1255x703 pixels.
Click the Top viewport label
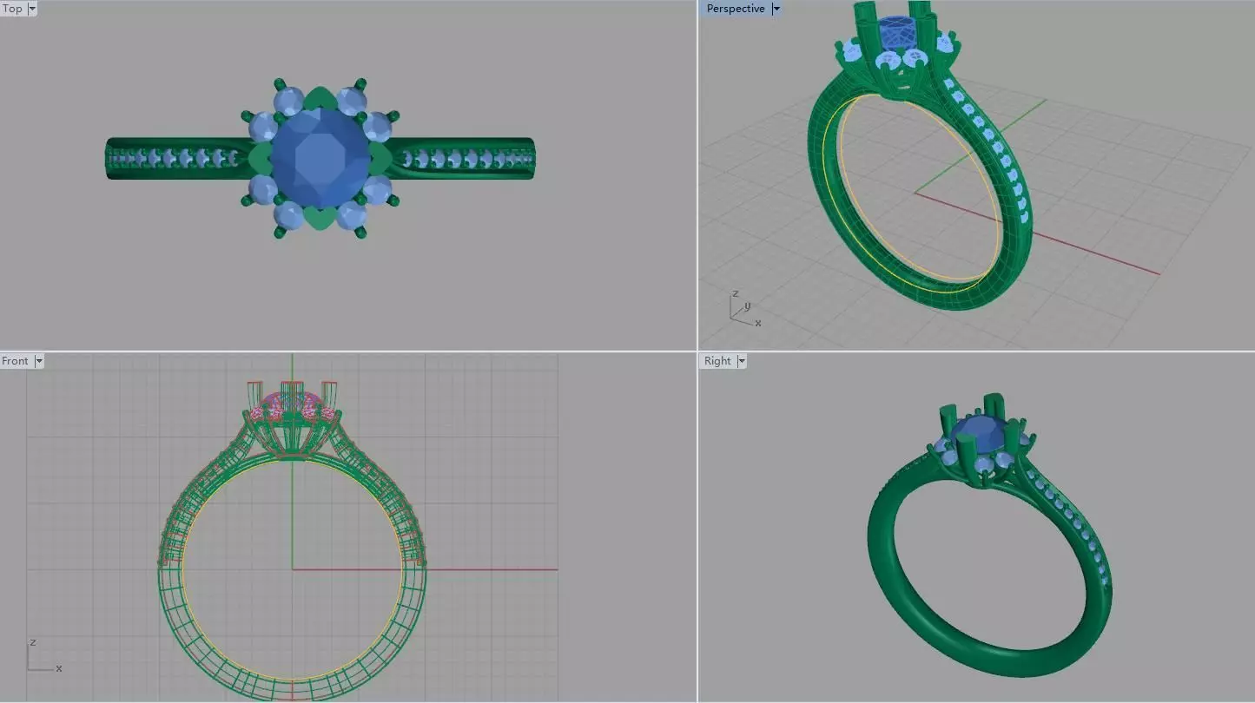tap(12, 9)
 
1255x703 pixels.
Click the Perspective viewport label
tap(735, 9)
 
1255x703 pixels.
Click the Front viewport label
tap(15, 361)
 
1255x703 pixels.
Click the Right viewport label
tap(717, 361)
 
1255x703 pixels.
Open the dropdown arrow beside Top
tap(33, 9)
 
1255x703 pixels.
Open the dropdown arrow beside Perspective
tap(776, 9)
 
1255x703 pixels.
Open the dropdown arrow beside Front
tap(39, 361)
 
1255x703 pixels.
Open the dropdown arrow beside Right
tap(742, 361)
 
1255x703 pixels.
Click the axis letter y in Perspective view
tap(747, 306)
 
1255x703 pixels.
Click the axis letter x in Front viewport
tap(59, 668)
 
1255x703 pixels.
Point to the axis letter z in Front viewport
tap(32, 642)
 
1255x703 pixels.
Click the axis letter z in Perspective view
tap(735, 294)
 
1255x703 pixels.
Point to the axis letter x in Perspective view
tap(758, 323)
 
